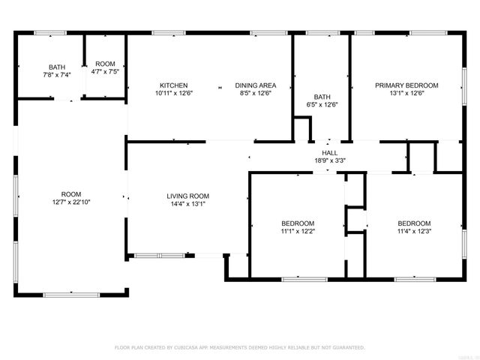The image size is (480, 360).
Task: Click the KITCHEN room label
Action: click(x=173, y=85)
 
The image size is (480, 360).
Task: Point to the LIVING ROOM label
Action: click(x=187, y=196)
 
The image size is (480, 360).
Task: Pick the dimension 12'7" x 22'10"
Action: click(x=71, y=203)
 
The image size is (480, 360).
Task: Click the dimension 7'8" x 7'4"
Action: click(x=57, y=75)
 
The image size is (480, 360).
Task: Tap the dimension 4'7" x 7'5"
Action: click(x=105, y=71)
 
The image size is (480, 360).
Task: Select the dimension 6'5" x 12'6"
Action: click(x=322, y=104)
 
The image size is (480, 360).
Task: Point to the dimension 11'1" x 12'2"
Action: click(x=298, y=232)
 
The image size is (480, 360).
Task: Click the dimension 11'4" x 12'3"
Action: click(x=414, y=232)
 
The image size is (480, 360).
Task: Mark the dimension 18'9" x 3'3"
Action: click(x=330, y=160)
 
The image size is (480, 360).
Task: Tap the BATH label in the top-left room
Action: click(x=57, y=67)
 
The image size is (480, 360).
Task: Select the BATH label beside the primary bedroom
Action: click(x=322, y=97)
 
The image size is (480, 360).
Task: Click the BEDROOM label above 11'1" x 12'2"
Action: click(x=298, y=223)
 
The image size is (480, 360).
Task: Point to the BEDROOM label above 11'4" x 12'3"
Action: click(x=414, y=223)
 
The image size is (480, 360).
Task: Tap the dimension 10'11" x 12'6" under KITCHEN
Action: click(x=173, y=94)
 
